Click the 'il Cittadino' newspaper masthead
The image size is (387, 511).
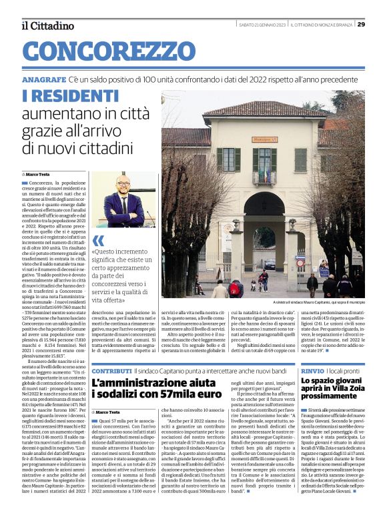[x=47, y=25]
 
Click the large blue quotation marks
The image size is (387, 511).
[x=99, y=241]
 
